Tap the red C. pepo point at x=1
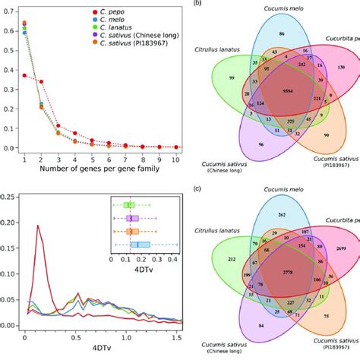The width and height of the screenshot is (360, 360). coord(24,76)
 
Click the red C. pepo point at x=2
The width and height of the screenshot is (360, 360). coord(41,82)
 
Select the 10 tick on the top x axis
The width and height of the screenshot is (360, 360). coord(176,161)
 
